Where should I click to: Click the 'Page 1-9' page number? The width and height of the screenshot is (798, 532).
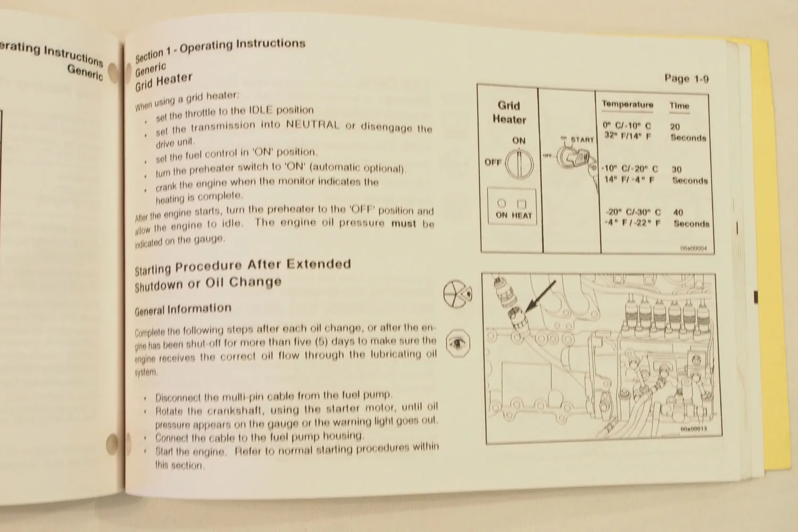(x=686, y=79)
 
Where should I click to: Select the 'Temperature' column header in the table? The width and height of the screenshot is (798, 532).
(x=627, y=104)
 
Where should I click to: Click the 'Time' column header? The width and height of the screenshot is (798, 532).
(x=679, y=106)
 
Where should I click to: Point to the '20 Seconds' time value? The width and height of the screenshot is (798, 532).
(x=687, y=132)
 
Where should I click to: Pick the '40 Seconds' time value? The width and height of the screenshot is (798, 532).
(x=691, y=218)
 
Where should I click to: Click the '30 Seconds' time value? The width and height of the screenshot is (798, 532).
(x=689, y=175)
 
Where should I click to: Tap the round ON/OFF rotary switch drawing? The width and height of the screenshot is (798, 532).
(x=519, y=164)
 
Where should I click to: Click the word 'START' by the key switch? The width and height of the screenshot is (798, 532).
(x=582, y=140)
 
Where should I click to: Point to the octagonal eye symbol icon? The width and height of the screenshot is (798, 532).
(x=458, y=343)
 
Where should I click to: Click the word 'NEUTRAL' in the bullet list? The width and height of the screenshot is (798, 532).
(x=312, y=125)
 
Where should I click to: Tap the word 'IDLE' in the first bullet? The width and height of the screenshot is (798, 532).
(x=261, y=110)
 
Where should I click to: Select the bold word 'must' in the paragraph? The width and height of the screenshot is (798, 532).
(x=404, y=223)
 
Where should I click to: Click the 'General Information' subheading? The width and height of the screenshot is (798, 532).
(x=183, y=309)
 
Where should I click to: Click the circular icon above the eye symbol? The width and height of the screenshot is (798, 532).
(x=458, y=294)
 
